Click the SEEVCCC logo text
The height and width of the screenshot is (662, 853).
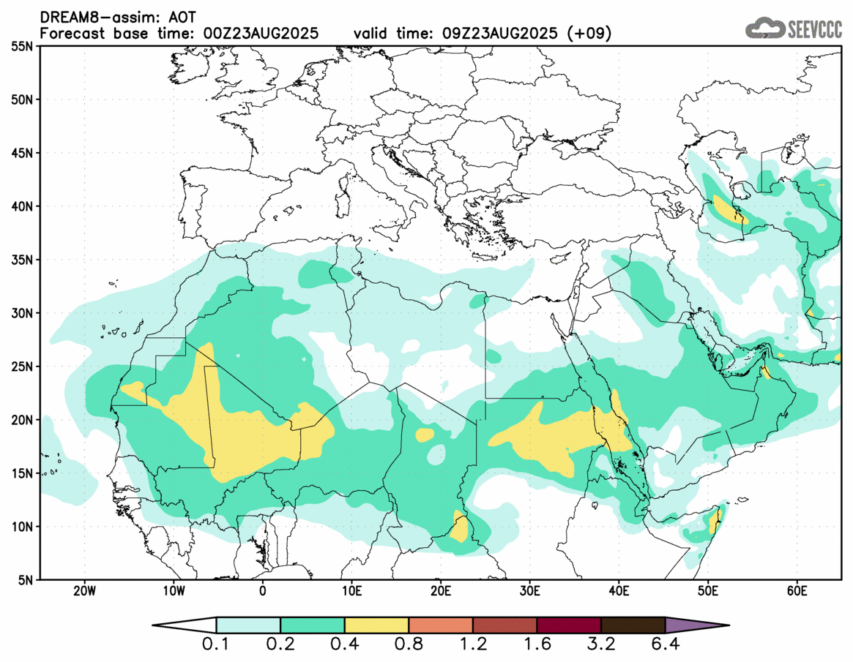click(x=815, y=29)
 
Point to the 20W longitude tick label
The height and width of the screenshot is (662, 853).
click(x=85, y=590)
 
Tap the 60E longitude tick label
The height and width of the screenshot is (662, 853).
click(x=797, y=590)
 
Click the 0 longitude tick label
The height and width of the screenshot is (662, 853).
click(x=263, y=590)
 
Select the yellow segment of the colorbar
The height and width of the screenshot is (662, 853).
click(x=376, y=625)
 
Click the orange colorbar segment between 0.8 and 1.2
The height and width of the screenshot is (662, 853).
click(x=441, y=625)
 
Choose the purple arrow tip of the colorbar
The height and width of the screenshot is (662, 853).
click(x=696, y=625)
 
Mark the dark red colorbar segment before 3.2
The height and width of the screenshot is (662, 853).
click(x=569, y=625)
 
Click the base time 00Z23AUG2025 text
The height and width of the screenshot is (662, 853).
click(x=258, y=33)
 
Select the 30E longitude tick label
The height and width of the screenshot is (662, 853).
click(x=530, y=590)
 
